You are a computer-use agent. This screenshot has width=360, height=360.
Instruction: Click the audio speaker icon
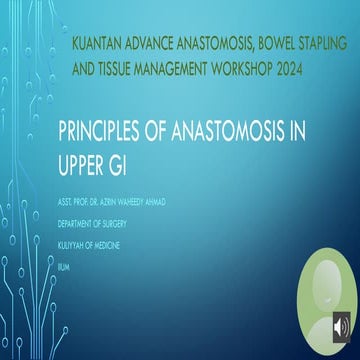pos(340,326)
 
